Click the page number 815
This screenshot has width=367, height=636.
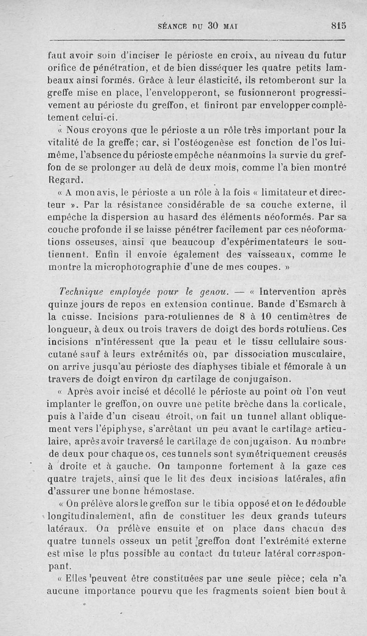coord(338,26)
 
